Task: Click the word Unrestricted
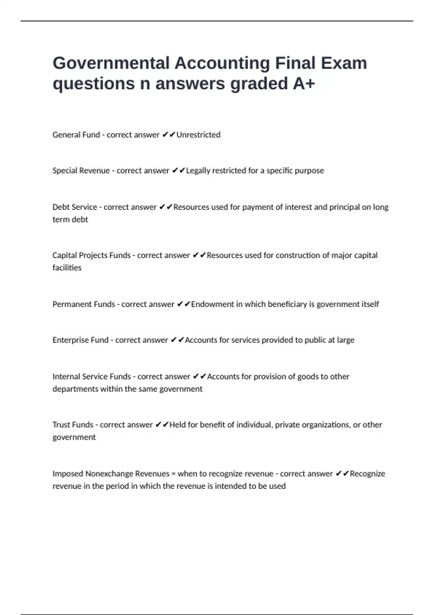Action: [x=198, y=135]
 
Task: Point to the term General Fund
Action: [x=76, y=135]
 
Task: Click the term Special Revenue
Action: [x=81, y=171]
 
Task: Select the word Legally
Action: [x=198, y=171]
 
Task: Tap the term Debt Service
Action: [x=75, y=207]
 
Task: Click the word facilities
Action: [x=67, y=268]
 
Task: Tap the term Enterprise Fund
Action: [x=80, y=340]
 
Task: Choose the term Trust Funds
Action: [x=73, y=425]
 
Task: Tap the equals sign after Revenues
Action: [x=173, y=474]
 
